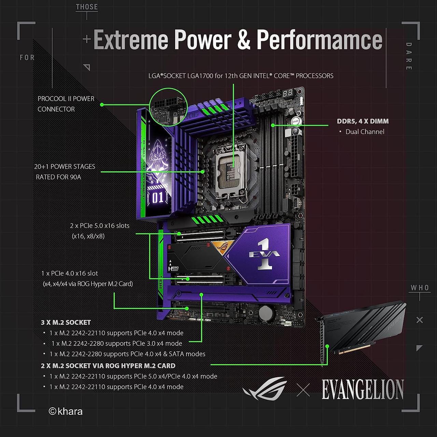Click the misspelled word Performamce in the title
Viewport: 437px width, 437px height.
tap(319, 40)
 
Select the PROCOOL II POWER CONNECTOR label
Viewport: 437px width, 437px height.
tap(66, 104)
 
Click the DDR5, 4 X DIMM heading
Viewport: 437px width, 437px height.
tap(363, 121)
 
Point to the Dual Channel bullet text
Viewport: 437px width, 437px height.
tap(365, 132)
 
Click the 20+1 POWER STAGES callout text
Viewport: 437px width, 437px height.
tap(65, 172)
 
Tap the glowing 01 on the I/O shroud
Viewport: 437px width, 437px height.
tap(157, 198)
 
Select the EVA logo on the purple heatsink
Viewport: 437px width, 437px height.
tap(265, 255)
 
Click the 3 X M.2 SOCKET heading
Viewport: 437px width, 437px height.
tap(66, 322)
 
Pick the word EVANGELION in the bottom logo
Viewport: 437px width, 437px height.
tap(363, 390)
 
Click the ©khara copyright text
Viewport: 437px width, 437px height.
tap(66, 411)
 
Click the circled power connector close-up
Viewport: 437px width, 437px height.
tap(168, 107)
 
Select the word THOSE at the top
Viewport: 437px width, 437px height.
tap(87, 7)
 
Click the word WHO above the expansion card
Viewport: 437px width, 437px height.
tap(420, 288)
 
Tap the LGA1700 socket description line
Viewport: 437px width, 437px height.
tap(241, 76)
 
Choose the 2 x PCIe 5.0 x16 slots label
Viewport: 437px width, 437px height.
tap(100, 226)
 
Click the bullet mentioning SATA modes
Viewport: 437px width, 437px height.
tap(127, 354)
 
